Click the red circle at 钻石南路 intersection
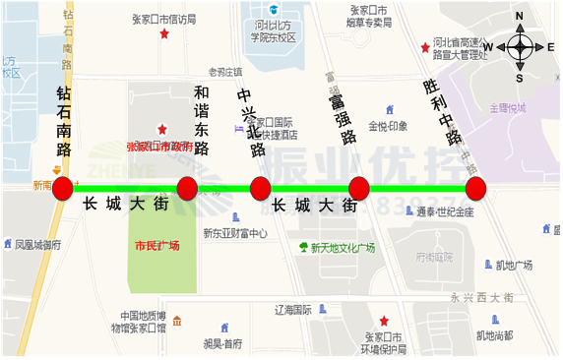click(62, 188)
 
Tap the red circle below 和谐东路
click(187, 188)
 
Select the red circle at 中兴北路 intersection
click(260, 188)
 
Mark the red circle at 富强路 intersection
click(358, 188)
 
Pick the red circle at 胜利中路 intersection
click(476, 188)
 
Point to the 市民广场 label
click(156, 245)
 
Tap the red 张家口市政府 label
click(160, 147)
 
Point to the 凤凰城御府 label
click(37, 244)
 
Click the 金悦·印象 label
click(388, 126)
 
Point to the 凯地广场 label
click(514, 266)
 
